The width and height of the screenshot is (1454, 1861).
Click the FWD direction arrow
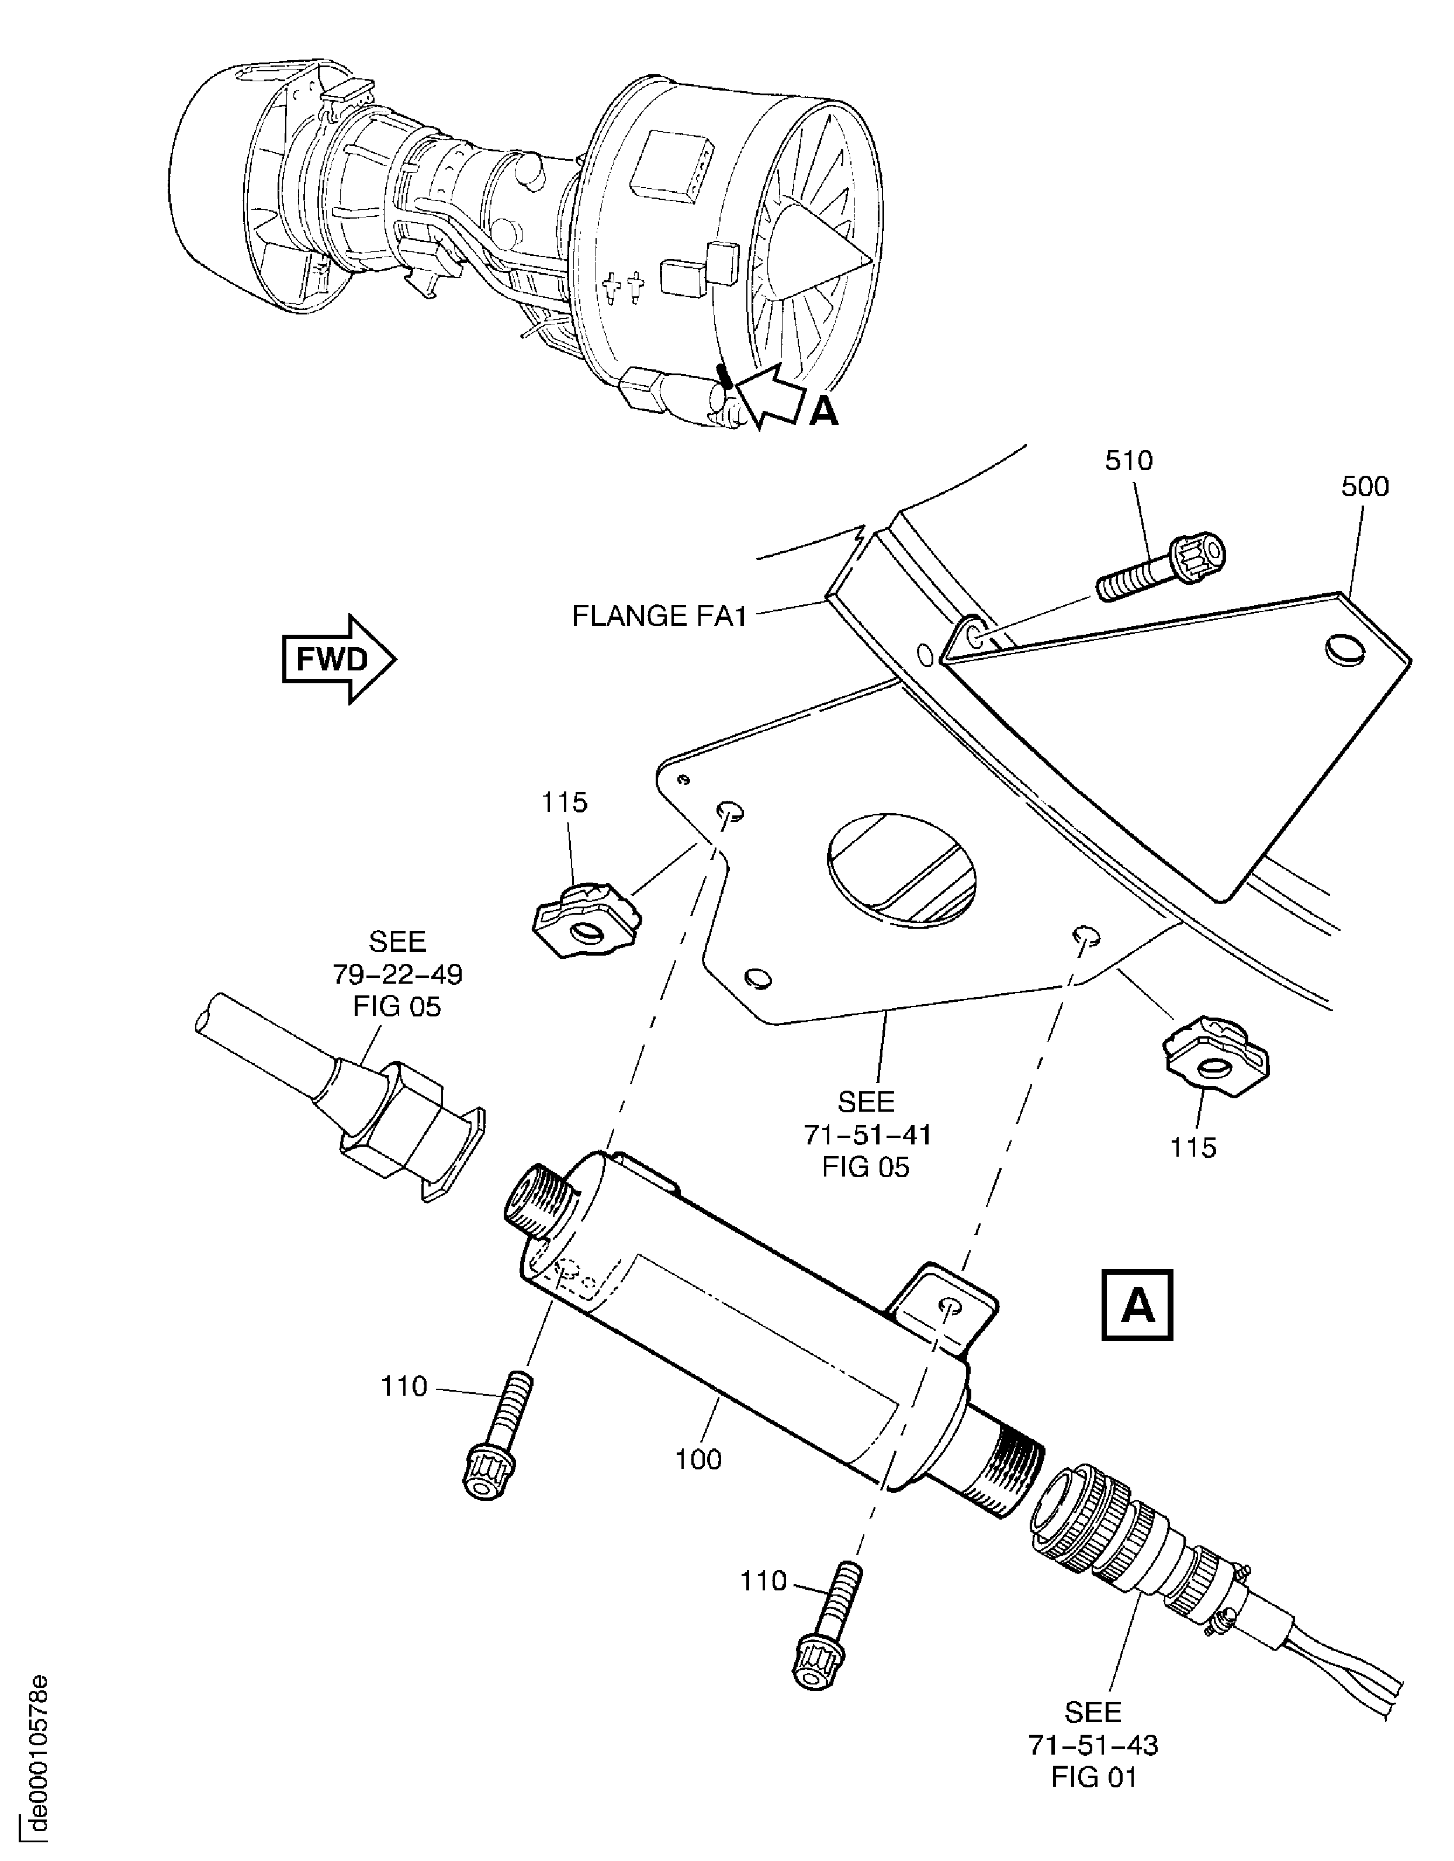338,659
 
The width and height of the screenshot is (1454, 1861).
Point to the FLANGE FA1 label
659,616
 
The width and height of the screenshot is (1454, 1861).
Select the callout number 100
698,1459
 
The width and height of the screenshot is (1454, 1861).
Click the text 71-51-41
866,1134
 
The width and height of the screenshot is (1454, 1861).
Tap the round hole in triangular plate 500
1346,650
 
